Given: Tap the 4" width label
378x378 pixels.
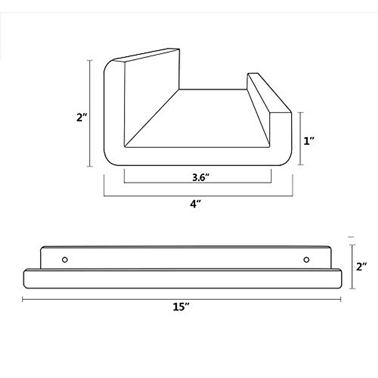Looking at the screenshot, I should pos(195,204).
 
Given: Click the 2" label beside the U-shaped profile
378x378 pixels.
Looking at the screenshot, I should pos(82,117).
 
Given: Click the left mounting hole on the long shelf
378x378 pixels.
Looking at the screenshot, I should pos(65,260).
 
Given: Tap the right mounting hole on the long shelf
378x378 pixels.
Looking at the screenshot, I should pos(306,260).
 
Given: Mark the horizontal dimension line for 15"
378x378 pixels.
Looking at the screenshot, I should pos(181,300).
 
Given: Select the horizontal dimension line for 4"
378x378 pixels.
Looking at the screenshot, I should pos(198,196).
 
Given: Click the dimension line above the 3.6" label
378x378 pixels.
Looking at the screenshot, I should pos(198,182).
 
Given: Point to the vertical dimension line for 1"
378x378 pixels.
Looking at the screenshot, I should pos(301,139).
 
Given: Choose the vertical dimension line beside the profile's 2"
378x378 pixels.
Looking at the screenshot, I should pos(91,113).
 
